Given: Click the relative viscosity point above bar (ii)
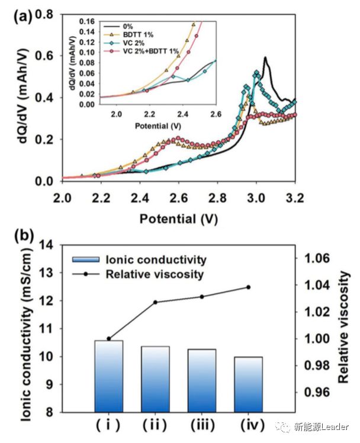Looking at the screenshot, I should [155, 302].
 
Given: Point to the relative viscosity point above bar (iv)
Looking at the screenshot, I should [248, 287].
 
